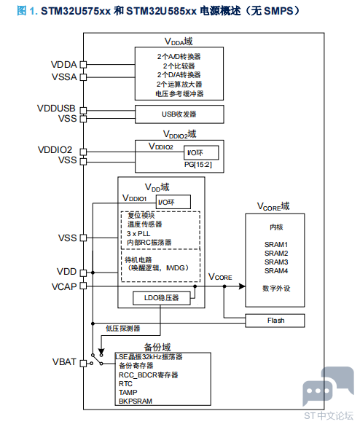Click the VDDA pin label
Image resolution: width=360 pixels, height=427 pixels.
[x=63, y=65]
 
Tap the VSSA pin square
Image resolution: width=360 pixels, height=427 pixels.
[x=83, y=77]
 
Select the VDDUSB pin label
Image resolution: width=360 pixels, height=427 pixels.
[x=56, y=108]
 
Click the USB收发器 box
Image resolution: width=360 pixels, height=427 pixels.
[x=179, y=114]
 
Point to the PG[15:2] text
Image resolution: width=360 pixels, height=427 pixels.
[x=198, y=165]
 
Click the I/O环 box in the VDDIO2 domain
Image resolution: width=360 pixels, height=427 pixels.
[x=201, y=153]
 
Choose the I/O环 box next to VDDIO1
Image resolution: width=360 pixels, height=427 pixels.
[x=173, y=202]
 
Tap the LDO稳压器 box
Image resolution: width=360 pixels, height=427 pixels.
[x=162, y=298]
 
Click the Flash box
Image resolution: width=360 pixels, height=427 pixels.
[x=275, y=321]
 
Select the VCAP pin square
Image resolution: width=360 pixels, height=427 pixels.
[x=83, y=286]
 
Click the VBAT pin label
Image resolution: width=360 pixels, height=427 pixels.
[x=64, y=362]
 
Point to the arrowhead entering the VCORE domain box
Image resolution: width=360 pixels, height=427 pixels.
[x=242, y=286]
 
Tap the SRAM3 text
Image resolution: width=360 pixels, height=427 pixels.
[x=276, y=262]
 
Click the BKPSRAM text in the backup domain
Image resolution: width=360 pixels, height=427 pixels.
[x=136, y=401]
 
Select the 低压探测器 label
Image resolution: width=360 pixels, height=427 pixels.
[x=123, y=328]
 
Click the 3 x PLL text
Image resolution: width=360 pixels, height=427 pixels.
[x=138, y=234]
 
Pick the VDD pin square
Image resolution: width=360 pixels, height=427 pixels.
[x=83, y=273]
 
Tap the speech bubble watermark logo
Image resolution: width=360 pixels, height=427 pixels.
[x=328, y=385]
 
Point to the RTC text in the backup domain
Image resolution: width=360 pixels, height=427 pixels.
[x=125, y=384]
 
